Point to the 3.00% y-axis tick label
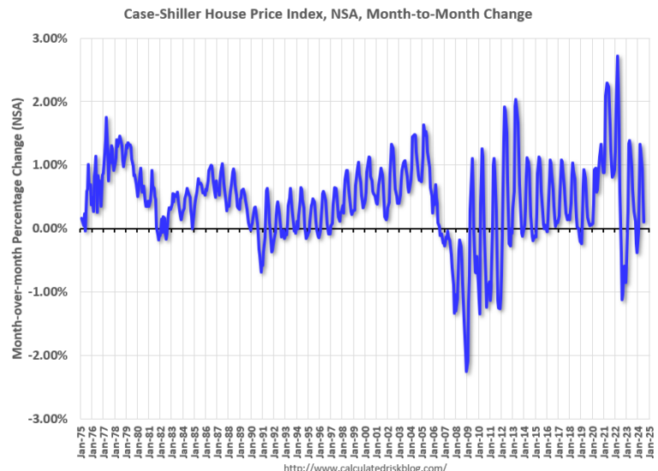[x=51, y=39]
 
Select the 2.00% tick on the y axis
[x=51, y=102]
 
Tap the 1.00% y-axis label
[x=51, y=165]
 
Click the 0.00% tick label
[x=51, y=229]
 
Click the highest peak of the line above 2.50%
[x=618, y=57]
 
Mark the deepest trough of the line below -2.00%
[x=466, y=371]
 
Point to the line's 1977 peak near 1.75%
[x=106, y=117]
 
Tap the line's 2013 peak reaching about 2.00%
[x=516, y=100]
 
